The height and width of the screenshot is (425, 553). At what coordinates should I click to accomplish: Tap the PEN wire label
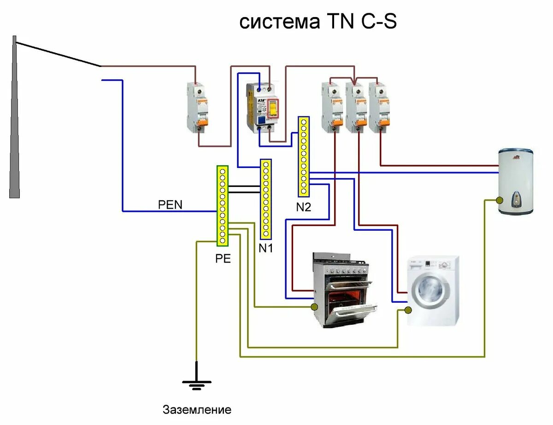click(x=171, y=204)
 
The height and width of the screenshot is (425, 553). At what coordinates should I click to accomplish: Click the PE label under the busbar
click(x=223, y=259)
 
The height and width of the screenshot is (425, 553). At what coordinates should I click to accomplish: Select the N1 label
click(x=266, y=248)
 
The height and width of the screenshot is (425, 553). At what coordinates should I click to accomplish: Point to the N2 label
click(x=304, y=207)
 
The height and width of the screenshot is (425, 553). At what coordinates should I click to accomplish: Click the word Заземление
click(x=197, y=410)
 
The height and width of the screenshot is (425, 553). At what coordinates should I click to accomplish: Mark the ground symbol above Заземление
click(x=197, y=383)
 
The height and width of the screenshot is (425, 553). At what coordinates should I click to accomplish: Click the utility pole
click(x=15, y=120)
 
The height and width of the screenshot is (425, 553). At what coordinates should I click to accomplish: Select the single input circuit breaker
click(x=198, y=107)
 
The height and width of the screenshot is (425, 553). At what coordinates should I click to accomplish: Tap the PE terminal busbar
click(x=223, y=206)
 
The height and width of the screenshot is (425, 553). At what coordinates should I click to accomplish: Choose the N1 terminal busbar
click(x=266, y=199)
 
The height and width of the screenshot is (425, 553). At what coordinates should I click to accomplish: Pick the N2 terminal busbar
click(x=303, y=156)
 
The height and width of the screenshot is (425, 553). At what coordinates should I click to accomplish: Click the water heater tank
click(x=516, y=181)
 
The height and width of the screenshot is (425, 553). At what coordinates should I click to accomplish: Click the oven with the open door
click(x=343, y=291)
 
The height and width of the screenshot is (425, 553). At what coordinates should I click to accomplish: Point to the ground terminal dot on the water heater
click(x=500, y=200)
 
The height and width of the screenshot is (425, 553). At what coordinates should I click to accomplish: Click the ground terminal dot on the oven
click(x=314, y=307)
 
